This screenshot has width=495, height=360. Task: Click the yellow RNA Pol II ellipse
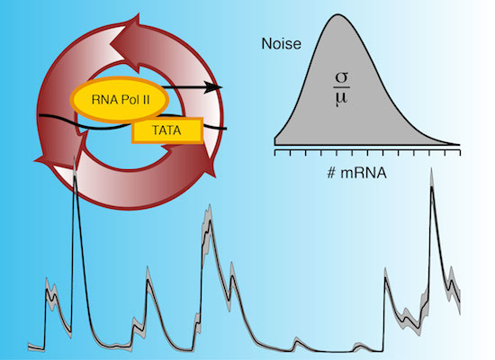click(120, 100)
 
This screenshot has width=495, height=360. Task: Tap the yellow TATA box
click(167, 130)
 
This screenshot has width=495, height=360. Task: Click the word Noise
click(282, 43)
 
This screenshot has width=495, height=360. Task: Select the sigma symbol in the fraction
click(342, 78)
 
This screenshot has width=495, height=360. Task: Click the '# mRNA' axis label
click(357, 173)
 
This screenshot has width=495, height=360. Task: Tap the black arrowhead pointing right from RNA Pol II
click(213, 87)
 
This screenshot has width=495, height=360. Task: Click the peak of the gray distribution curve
click(337, 14)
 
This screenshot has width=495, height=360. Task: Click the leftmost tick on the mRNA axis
click(275, 153)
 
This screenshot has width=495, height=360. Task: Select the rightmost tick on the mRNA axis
click(460, 153)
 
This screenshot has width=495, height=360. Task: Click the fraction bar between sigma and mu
click(342, 87)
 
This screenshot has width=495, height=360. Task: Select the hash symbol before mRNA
click(331, 173)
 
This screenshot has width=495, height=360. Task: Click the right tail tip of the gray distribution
click(459, 144)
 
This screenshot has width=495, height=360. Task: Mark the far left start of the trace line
click(29, 346)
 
